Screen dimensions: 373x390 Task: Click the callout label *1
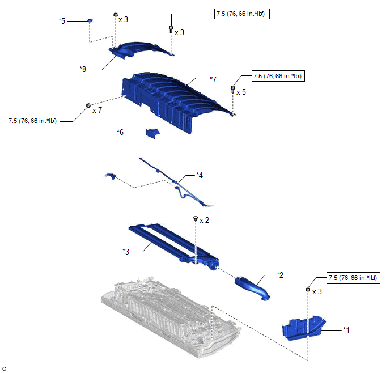(x=347, y=329)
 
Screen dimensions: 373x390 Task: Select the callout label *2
(x=279, y=274)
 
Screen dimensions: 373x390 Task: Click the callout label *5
(x=62, y=20)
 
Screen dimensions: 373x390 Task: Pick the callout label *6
(x=120, y=132)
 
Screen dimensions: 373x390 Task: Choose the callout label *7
(x=213, y=79)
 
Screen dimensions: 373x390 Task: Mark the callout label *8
(x=84, y=69)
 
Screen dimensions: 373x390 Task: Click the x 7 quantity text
(x=97, y=110)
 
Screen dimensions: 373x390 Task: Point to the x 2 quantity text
(x=205, y=219)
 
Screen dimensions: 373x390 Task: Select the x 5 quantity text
(x=241, y=91)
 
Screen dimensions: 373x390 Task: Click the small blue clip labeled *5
(x=89, y=21)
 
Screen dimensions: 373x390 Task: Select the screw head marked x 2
(x=196, y=218)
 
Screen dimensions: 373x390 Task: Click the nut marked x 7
(x=88, y=106)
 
